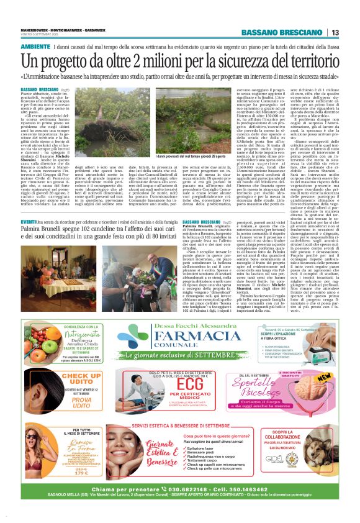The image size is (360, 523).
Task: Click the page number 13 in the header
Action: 335,32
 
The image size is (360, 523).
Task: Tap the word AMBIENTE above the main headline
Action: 35,47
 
